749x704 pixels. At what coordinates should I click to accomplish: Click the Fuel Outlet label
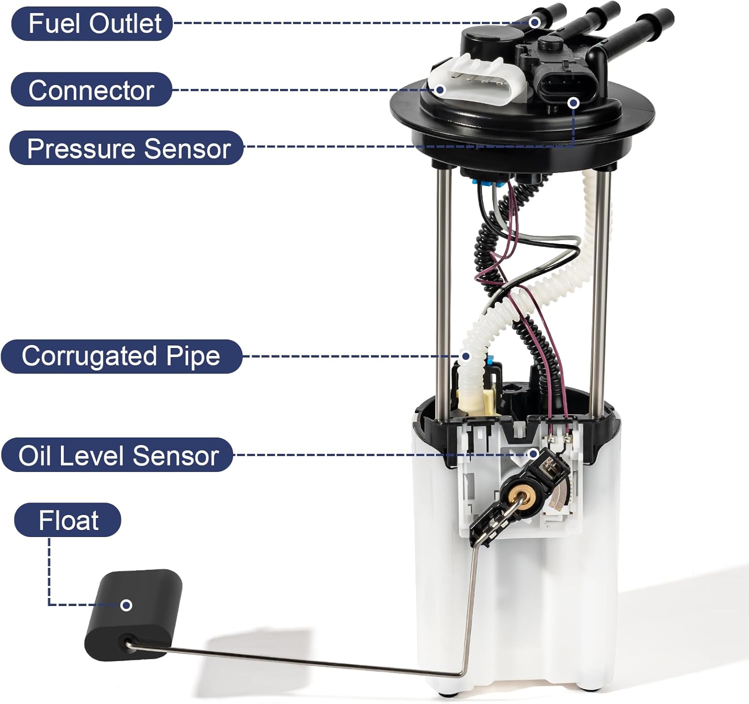92,23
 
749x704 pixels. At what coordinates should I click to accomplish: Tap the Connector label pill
91,90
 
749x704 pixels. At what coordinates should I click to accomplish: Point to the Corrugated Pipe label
121,356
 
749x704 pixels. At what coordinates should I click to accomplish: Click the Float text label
68,520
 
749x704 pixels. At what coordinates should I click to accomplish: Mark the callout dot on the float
127,605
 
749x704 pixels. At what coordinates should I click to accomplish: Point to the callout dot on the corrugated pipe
465,356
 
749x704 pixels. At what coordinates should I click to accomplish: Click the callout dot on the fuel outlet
535,22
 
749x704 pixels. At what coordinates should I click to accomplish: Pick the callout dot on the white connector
440,90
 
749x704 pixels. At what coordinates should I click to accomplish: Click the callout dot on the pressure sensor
574,102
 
